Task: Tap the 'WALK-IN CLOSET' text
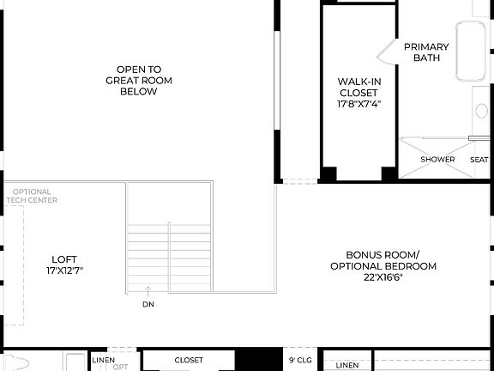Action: click(358, 88)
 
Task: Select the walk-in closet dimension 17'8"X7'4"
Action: click(358, 104)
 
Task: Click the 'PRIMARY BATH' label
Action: click(426, 52)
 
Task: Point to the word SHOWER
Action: click(437, 159)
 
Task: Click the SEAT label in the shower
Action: click(479, 159)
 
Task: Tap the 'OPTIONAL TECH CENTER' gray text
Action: click(32, 196)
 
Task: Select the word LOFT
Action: click(64, 258)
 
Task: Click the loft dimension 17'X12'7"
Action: click(64, 270)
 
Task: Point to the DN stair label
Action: click(149, 304)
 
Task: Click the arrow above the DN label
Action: click(149, 292)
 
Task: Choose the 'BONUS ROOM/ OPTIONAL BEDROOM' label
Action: click(383, 260)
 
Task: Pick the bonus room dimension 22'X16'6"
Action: click(383, 278)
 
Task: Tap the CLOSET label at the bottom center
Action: click(189, 360)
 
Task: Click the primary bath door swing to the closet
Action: click(385, 53)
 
